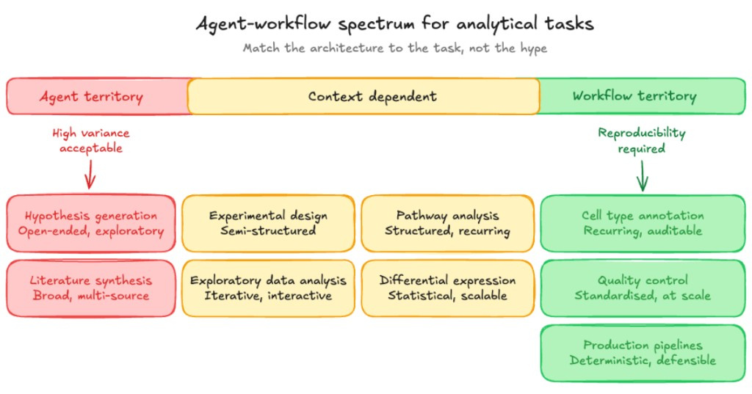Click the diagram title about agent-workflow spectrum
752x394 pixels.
(x=394, y=23)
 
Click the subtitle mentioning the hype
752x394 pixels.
(x=394, y=48)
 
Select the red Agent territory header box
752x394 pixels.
(x=92, y=96)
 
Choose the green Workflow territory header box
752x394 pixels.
(x=634, y=96)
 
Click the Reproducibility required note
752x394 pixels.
(x=641, y=141)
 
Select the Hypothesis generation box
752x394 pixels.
(x=91, y=223)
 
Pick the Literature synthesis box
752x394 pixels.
(x=91, y=288)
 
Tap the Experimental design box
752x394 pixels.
(x=268, y=223)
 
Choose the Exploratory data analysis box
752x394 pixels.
(x=268, y=288)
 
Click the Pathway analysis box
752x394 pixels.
(x=447, y=223)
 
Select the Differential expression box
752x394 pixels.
(x=447, y=288)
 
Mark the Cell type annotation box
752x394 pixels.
(x=643, y=223)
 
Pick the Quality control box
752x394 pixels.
(x=643, y=288)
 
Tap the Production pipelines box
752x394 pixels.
(x=643, y=353)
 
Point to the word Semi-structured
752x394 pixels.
(x=268, y=230)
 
